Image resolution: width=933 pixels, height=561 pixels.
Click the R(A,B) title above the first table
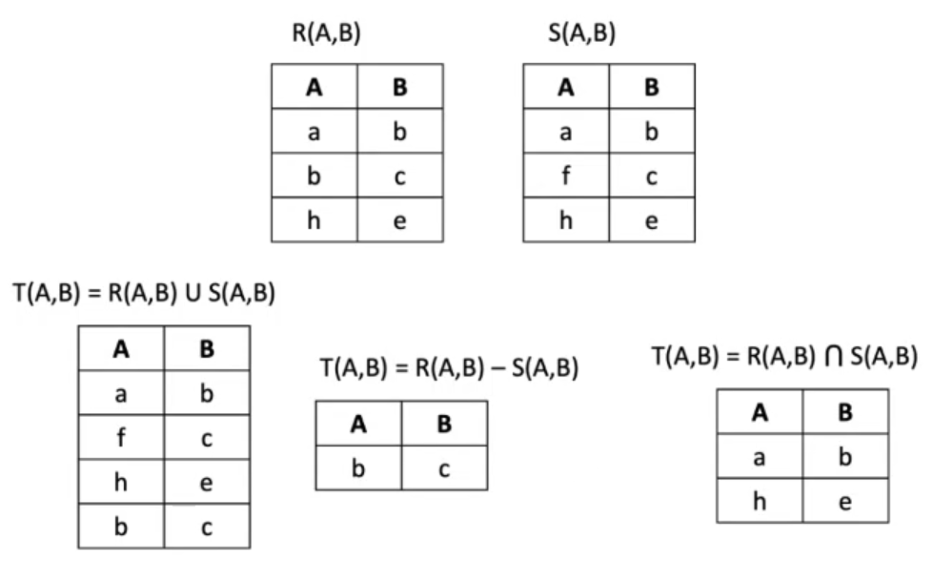click(326, 32)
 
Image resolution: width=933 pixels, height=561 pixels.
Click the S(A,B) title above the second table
click(581, 32)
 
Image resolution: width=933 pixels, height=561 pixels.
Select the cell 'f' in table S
click(566, 176)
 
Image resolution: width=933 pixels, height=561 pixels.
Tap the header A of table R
click(314, 87)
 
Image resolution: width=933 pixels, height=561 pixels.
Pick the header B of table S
click(652, 87)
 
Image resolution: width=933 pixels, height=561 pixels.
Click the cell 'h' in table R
click(314, 220)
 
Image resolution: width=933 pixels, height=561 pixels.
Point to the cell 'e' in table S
click(652, 220)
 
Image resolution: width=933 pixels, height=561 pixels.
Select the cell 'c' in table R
click(400, 176)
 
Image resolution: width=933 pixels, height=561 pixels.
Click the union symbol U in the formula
click(193, 293)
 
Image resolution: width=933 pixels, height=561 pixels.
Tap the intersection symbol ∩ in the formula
click(834, 356)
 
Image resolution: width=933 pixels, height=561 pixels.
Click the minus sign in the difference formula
click(498, 369)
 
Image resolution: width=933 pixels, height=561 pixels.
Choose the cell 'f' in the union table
click(121, 437)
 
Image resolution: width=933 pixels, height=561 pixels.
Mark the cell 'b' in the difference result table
click(358, 468)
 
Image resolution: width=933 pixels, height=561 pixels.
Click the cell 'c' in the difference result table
click(444, 468)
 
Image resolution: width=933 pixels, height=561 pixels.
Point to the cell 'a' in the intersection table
click(760, 457)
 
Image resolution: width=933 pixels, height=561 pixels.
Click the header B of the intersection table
click(845, 412)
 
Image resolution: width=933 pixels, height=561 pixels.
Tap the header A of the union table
click(121, 348)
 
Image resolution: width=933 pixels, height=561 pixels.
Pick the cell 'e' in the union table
click(207, 482)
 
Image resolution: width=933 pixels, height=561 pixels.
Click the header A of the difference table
click(358, 424)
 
